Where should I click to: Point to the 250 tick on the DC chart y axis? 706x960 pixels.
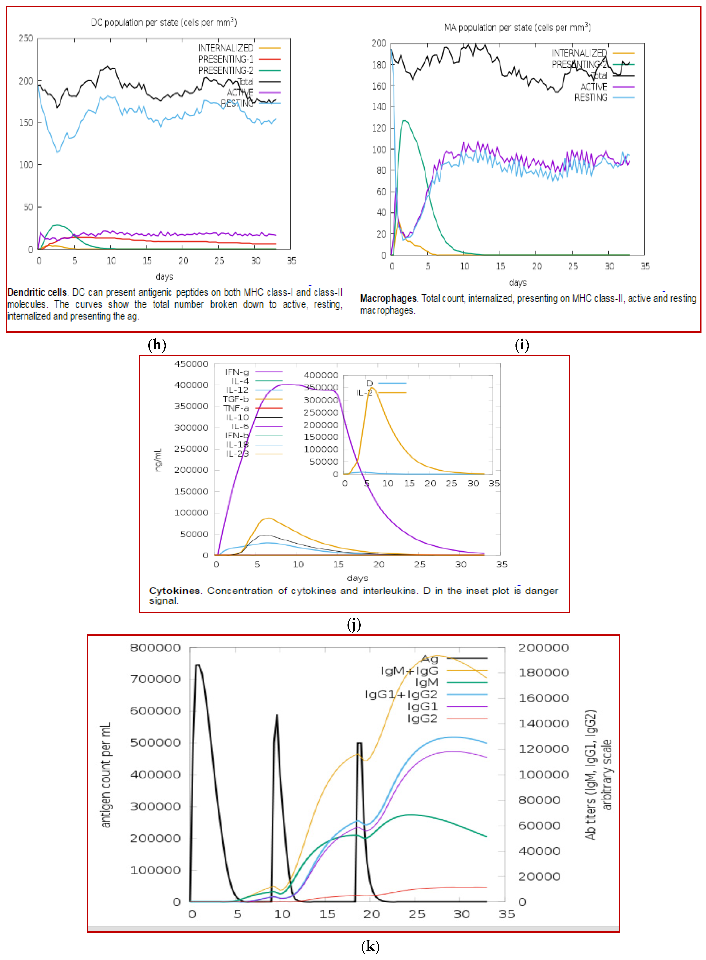26,38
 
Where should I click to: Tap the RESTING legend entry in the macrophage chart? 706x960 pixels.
591,98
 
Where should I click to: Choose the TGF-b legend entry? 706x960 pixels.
235,399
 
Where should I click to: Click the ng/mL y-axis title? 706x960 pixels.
158,460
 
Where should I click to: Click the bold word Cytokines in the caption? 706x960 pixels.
174,591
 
